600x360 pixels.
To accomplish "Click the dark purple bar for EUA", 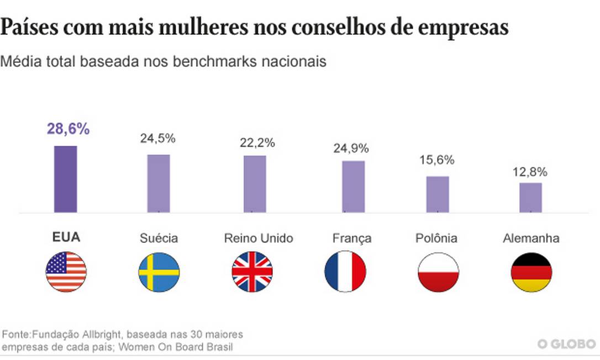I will pyautogui.click(x=65, y=179).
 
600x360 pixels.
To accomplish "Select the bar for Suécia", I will pyautogui.click(x=159, y=183).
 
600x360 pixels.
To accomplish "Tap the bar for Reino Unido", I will pyautogui.click(x=255, y=184).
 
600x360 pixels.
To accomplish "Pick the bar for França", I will pyautogui.click(x=353, y=187).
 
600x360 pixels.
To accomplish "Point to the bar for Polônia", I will pyautogui.click(x=438, y=194).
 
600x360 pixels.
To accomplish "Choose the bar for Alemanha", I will pyautogui.click(x=530, y=198).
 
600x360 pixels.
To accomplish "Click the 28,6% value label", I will pyautogui.click(x=68, y=130).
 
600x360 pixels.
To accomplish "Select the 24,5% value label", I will pyautogui.click(x=157, y=139).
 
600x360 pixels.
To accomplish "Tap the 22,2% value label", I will pyautogui.click(x=257, y=142).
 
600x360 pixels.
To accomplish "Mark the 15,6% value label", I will pyautogui.click(x=436, y=160).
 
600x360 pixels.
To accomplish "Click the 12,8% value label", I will pyautogui.click(x=529, y=172).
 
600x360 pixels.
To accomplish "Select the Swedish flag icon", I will pyautogui.click(x=159, y=271).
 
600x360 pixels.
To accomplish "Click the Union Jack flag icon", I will pyautogui.click(x=252, y=271).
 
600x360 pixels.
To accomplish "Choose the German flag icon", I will pyautogui.click(x=531, y=271).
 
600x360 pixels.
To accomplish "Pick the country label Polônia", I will pyautogui.click(x=436, y=239).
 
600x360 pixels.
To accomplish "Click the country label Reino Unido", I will pyautogui.click(x=259, y=239).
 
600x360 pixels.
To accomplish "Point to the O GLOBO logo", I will pyautogui.click(x=565, y=345).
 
